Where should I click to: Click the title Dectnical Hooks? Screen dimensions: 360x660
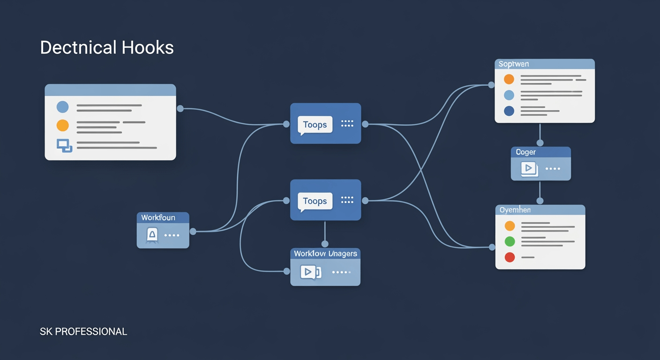coord(107,48)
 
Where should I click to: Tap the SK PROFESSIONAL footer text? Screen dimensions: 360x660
coord(83,332)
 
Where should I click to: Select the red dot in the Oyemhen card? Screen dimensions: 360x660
coord(510,257)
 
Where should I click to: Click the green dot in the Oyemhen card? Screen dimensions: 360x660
coord(510,242)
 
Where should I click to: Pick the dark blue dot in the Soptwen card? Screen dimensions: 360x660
coord(509,111)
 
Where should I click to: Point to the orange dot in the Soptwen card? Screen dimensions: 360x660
coord(509,79)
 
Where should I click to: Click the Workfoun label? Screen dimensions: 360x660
coord(158,217)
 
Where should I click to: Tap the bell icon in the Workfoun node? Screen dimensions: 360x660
coord(152,235)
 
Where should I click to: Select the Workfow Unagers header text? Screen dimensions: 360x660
coord(325,254)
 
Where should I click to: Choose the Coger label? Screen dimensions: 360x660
coord(525,152)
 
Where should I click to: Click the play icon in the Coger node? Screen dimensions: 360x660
coord(529,168)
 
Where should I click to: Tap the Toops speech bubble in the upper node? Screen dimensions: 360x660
coord(315,125)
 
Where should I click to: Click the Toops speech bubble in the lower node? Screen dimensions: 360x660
coord(315,201)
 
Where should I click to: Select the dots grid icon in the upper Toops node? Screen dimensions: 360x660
coord(347,124)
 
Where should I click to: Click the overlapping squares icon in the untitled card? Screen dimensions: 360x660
coord(64,146)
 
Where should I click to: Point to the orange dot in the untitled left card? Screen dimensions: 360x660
coord(62,126)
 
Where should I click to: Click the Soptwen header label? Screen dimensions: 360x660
coord(514,64)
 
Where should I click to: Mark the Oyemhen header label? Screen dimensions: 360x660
coord(515,210)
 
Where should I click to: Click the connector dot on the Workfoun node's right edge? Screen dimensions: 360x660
coord(193,231)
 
